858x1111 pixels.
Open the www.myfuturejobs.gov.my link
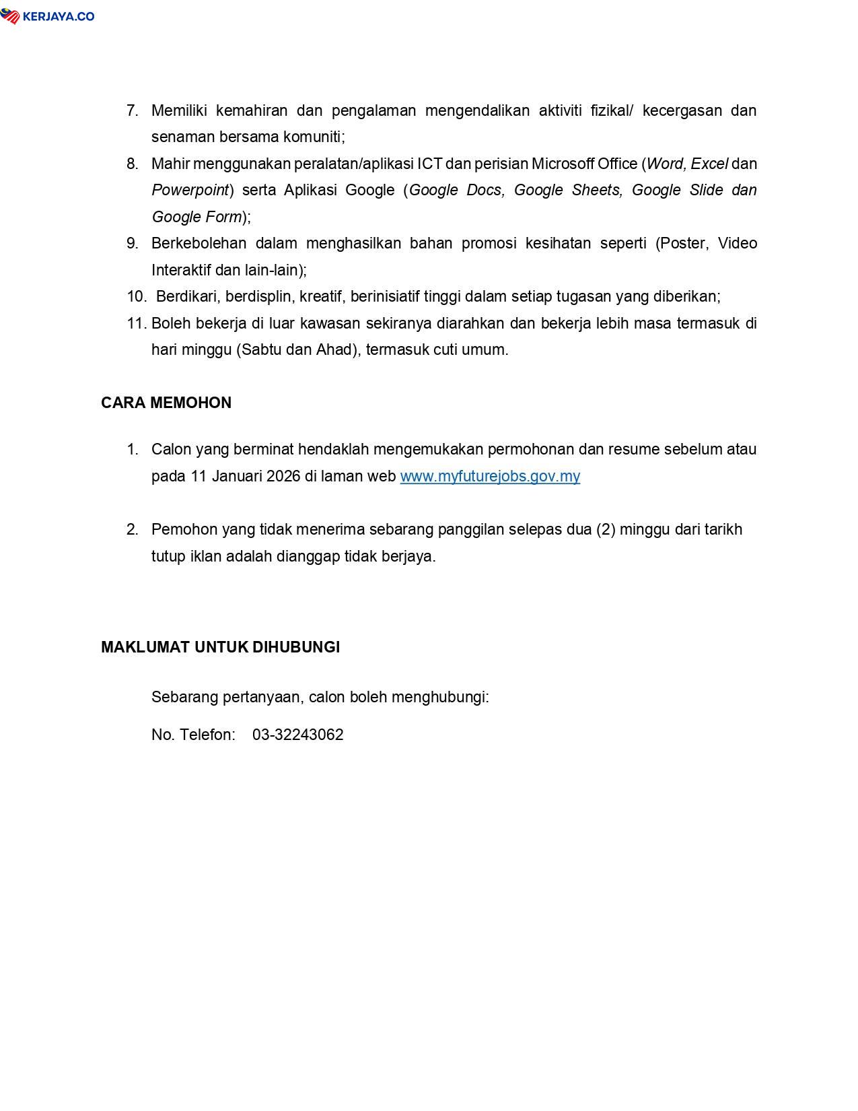(490, 476)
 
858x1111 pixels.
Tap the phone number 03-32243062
(297, 735)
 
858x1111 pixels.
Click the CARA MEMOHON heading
(166, 403)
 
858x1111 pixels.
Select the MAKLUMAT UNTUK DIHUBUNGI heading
(220, 647)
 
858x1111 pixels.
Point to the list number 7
(132, 110)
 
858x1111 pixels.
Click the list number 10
(136, 296)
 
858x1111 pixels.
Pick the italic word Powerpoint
(190, 190)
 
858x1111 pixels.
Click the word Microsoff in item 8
(563, 164)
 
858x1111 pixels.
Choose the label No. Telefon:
(193, 735)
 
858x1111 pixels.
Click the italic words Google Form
(196, 217)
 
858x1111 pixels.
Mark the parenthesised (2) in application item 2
(606, 529)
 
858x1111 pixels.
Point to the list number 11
(136, 323)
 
